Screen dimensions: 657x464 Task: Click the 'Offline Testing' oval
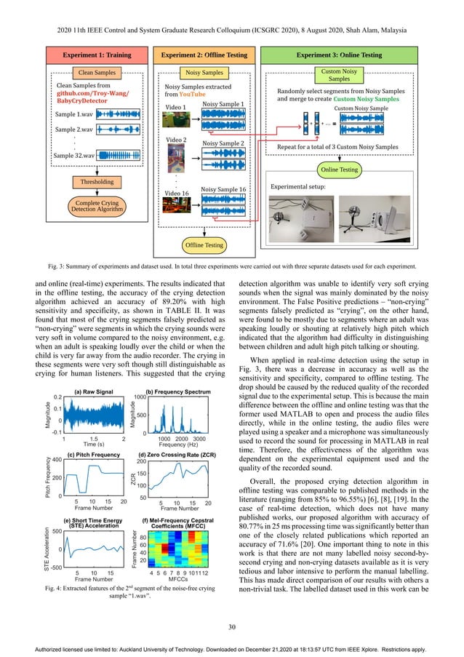(204, 245)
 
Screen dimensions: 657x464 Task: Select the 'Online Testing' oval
(338, 170)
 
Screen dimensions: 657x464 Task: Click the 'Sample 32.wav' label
(73, 156)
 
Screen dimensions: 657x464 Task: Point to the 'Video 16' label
(177, 193)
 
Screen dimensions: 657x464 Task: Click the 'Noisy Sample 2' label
(222, 144)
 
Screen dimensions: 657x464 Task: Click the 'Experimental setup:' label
(300, 187)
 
